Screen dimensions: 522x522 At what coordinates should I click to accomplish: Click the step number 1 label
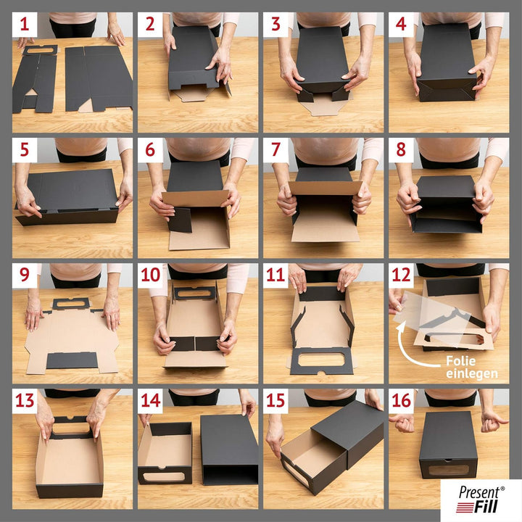tap(25, 25)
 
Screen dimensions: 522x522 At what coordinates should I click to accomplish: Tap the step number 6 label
tap(150, 150)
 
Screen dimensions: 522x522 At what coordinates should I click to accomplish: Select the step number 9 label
tap(25, 275)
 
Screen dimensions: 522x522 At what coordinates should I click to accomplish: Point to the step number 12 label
tap(401, 275)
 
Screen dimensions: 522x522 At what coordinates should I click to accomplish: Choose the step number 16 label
tap(401, 401)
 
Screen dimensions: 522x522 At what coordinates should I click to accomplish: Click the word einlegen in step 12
tap(472, 373)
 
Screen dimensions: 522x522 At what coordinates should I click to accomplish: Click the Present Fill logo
tap(480, 500)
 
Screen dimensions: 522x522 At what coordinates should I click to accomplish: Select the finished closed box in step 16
tap(448, 444)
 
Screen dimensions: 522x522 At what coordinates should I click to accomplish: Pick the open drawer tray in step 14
tap(165, 455)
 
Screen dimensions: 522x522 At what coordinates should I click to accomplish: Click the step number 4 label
tap(401, 25)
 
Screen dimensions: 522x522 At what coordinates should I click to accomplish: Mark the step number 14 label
tap(150, 401)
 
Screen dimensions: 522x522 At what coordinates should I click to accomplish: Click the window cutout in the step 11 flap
tap(322, 360)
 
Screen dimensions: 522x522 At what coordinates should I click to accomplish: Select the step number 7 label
tap(275, 150)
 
